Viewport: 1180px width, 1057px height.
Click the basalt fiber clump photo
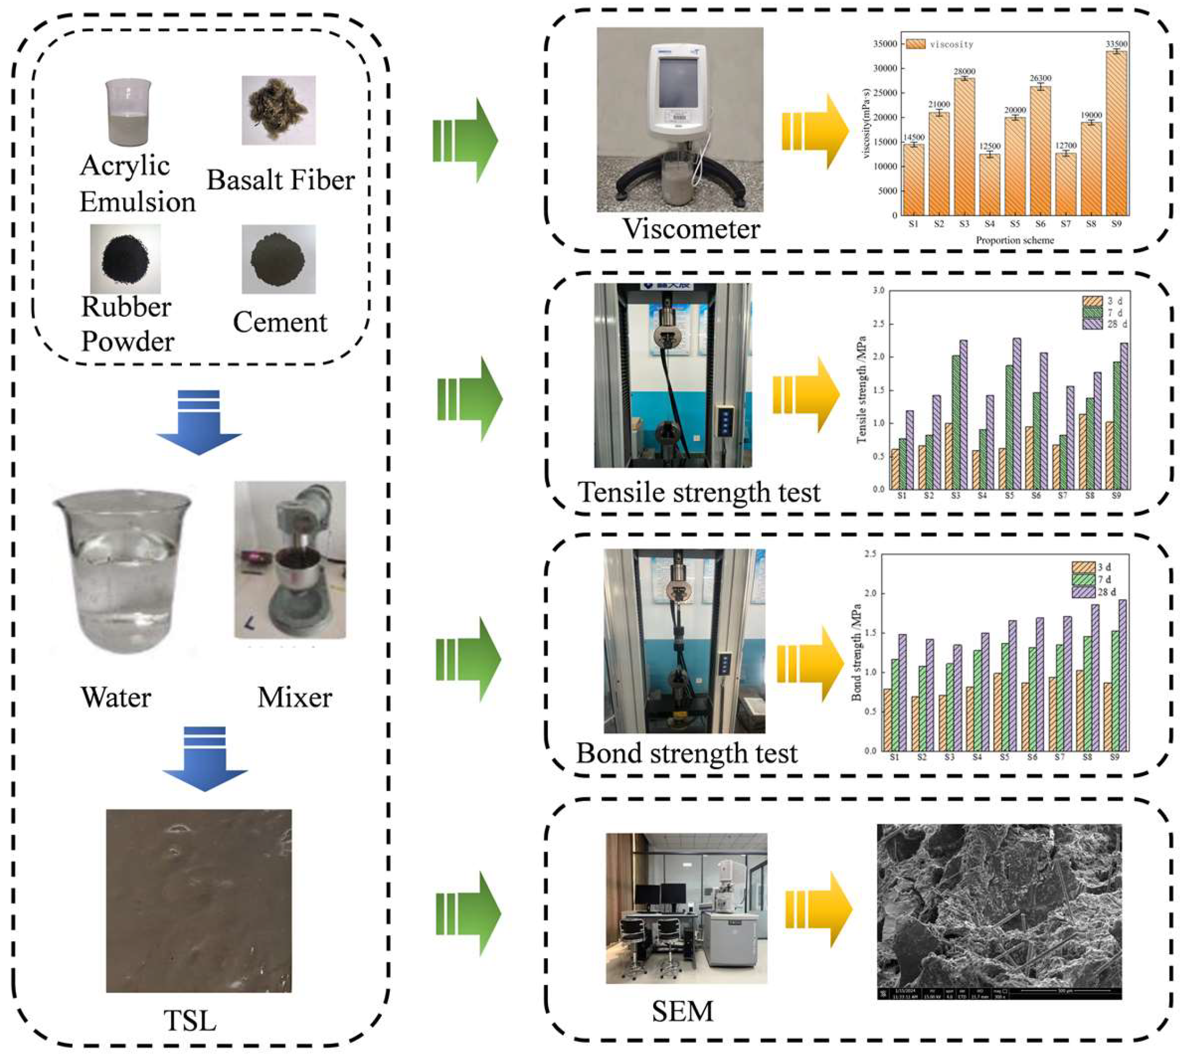click(x=278, y=111)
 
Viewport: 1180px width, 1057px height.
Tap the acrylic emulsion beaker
click(x=128, y=112)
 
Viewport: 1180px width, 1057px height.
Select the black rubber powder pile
click(x=125, y=259)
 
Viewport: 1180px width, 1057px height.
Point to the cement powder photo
click(x=278, y=259)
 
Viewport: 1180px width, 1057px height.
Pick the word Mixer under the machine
click(x=295, y=698)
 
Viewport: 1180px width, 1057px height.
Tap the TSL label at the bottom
click(x=190, y=1021)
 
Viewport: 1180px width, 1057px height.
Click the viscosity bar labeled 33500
click(x=1115, y=134)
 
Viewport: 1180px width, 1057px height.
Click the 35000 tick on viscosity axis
click(x=885, y=44)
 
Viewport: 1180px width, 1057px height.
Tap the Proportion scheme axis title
click(x=1014, y=240)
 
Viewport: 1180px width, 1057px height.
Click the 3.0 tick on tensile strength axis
click(x=879, y=290)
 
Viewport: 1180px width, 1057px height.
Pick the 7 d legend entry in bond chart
click(x=1092, y=580)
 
